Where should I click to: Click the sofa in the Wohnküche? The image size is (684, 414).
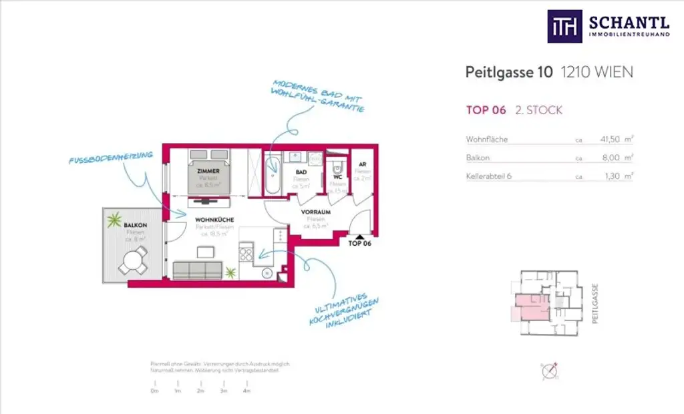[x=197, y=270]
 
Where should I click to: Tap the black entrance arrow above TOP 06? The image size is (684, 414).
[x=359, y=236]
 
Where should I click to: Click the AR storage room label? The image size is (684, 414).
[x=362, y=164]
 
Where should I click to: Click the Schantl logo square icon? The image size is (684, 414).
[x=564, y=27]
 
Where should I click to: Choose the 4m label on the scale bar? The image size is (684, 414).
[x=246, y=390]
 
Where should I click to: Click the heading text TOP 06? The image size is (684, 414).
[x=486, y=110]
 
